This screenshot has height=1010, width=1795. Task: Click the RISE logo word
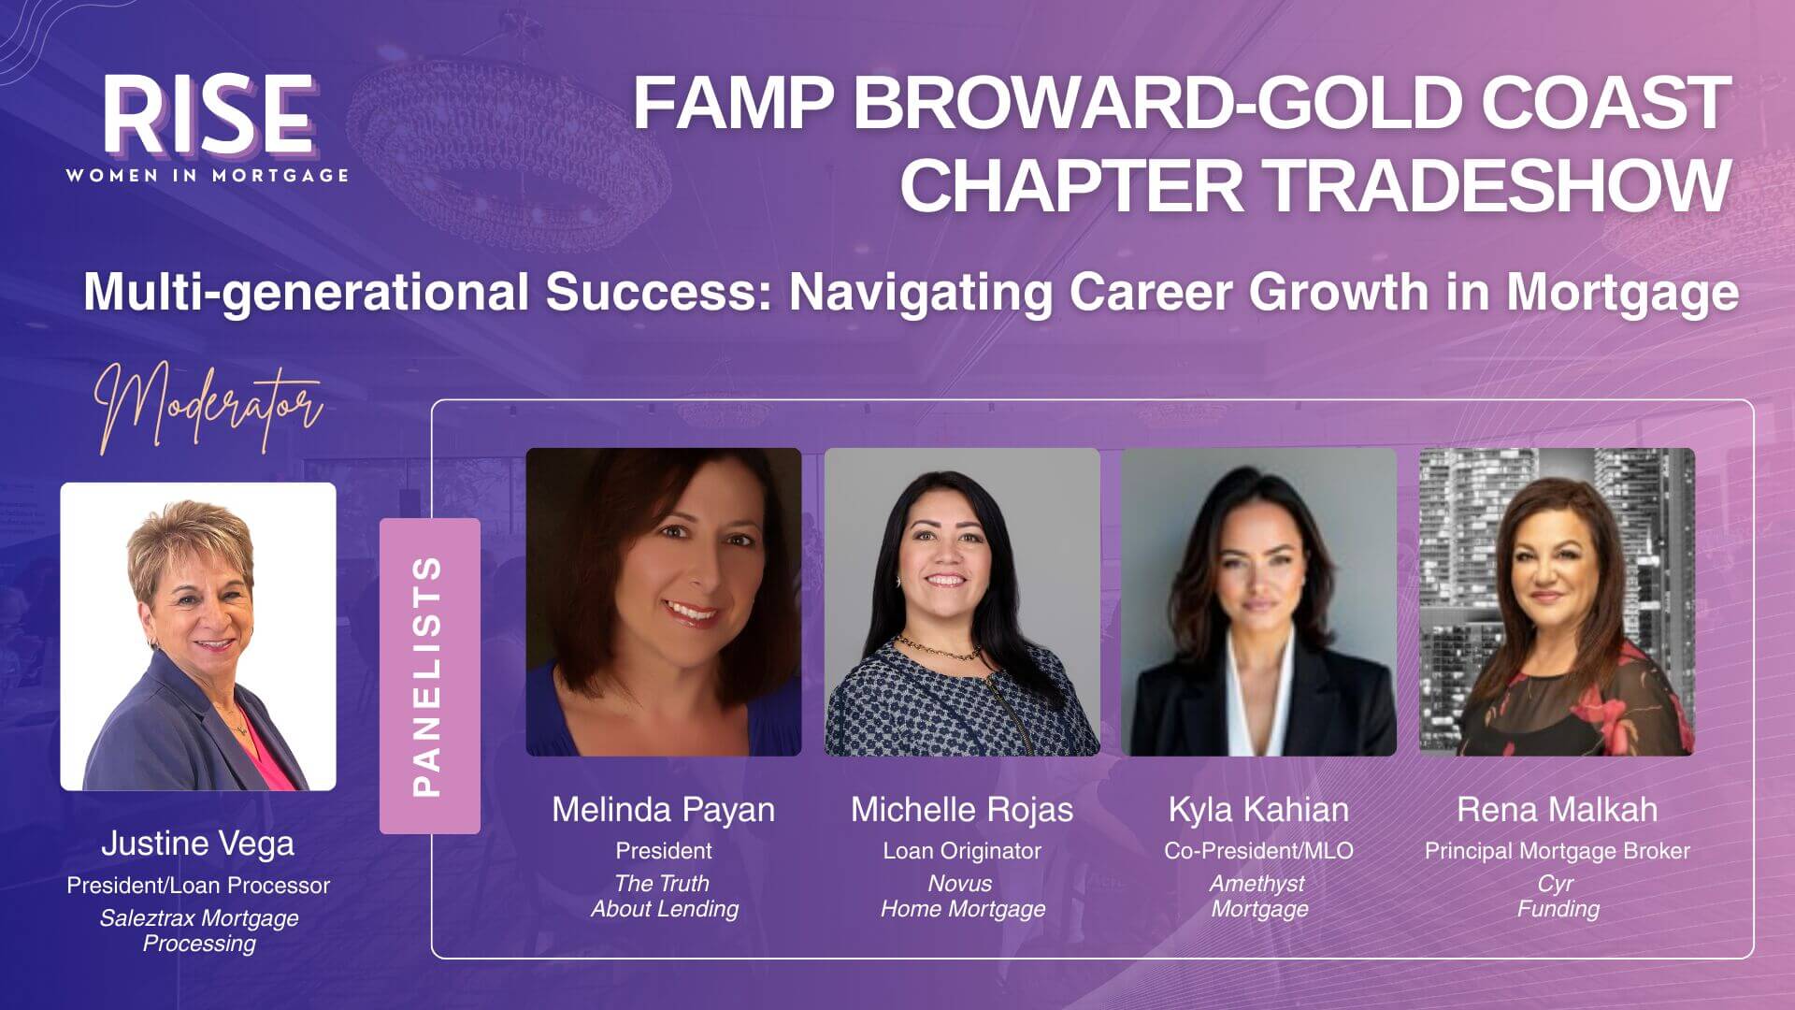coord(208,116)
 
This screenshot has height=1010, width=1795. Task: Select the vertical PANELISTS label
coord(428,676)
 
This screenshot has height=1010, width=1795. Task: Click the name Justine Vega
coord(197,844)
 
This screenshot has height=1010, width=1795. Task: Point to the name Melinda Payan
coord(663,810)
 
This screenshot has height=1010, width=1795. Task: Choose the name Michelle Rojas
coord(961,810)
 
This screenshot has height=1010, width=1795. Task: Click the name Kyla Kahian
coord(1258,810)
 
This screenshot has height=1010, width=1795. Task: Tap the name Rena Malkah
coord(1557,810)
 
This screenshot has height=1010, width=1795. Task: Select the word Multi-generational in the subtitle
coord(306,292)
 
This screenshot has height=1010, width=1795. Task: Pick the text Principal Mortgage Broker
coord(1557,851)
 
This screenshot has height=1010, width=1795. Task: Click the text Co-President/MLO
coord(1258,851)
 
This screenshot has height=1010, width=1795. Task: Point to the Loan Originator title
coord(961,851)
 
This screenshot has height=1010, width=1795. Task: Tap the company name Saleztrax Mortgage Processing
coord(198,931)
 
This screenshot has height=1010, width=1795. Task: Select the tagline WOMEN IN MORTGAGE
coord(208,176)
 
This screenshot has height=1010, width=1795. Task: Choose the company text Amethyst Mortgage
coord(1258,896)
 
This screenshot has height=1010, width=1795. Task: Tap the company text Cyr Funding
coord(1557,896)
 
